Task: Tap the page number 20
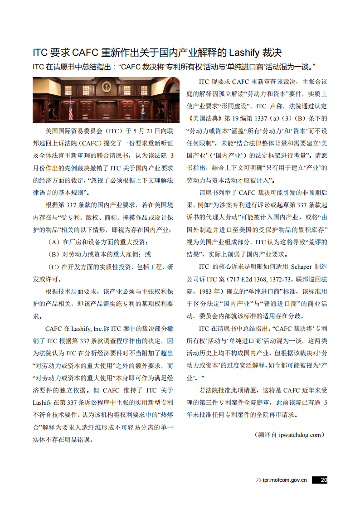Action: coord(323,480)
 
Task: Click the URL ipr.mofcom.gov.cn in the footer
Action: coord(285,480)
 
